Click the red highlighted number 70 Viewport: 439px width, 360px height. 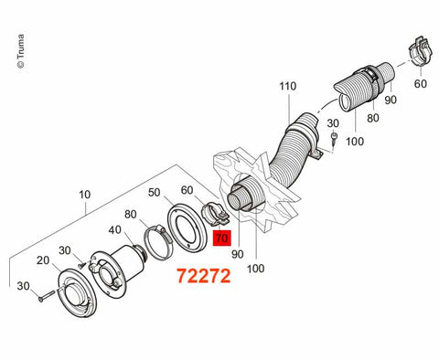click(x=222, y=238)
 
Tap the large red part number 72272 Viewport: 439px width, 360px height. click(x=204, y=276)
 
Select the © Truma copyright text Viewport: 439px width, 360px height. click(x=20, y=51)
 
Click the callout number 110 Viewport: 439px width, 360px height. click(x=288, y=86)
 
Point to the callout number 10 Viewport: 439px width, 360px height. click(x=85, y=195)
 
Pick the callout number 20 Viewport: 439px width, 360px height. click(x=43, y=260)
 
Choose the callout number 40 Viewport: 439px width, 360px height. click(x=114, y=230)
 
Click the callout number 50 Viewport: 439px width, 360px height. click(x=155, y=193)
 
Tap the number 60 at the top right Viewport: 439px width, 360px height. click(x=421, y=83)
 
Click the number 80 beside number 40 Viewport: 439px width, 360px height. click(x=130, y=215)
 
